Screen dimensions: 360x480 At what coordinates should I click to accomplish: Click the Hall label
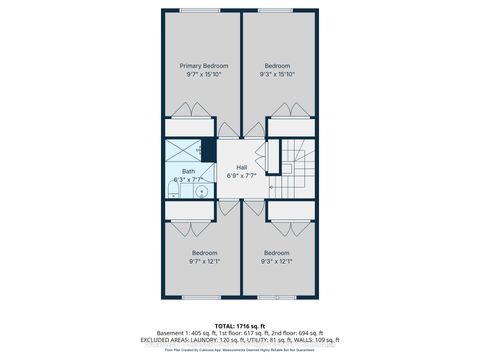[240, 167]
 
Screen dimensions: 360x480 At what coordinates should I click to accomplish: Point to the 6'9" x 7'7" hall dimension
[240, 176]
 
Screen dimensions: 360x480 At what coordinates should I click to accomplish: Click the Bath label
[188, 171]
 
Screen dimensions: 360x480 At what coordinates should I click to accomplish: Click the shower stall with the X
[183, 150]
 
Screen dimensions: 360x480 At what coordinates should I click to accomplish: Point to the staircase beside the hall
[297, 168]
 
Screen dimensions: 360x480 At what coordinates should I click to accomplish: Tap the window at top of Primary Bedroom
[198, 12]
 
